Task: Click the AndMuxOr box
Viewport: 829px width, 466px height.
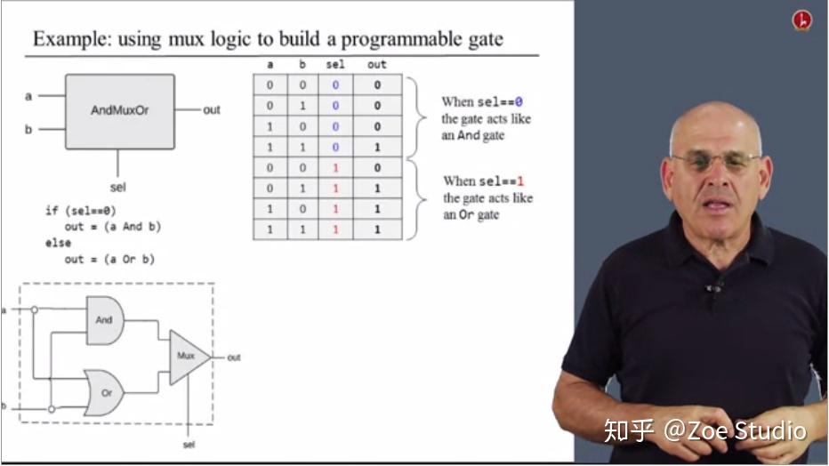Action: tap(119, 111)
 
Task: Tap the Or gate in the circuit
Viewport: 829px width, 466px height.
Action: tap(105, 392)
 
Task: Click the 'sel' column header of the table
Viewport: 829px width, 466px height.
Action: tap(335, 65)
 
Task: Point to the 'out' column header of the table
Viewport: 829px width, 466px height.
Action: tap(377, 65)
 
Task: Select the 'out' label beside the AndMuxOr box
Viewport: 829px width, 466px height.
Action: tap(212, 110)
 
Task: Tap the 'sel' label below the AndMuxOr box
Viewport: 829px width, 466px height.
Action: tap(117, 187)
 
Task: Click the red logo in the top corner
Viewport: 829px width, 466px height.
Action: tap(802, 20)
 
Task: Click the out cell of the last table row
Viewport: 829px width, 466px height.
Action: tap(377, 229)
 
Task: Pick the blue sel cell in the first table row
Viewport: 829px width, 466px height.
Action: tap(335, 85)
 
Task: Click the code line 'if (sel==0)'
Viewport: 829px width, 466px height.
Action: tap(81, 211)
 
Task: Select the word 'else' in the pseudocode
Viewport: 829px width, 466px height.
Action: tap(59, 243)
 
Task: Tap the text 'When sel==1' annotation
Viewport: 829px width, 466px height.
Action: tap(483, 181)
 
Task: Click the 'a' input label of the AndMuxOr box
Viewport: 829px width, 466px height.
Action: tap(28, 95)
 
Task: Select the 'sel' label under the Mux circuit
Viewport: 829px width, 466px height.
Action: tap(189, 444)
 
